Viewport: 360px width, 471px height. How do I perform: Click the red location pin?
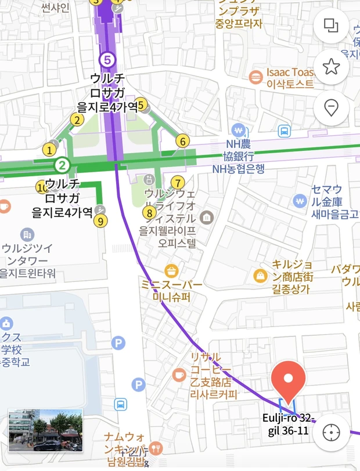click(x=288, y=379)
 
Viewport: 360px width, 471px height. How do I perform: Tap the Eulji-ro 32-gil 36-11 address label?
click(x=288, y=424)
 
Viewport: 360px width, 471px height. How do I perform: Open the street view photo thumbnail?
click(x=45, y=430)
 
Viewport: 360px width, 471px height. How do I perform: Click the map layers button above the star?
click(x=331, y=26)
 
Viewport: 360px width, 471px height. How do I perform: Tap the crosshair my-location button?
click(x=331, y=432)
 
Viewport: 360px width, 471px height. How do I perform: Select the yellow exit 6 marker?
click(x=182, y=141)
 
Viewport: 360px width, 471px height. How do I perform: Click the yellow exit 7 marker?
click(x=178, y=183)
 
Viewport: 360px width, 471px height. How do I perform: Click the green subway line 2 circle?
click(x=62, y=166)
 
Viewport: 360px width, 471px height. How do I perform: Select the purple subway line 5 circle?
click(x=106, y=59)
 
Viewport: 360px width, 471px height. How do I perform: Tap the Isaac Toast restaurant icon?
click(x=255, y=77)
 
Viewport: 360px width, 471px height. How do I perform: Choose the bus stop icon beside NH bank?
click(x=284, y=131)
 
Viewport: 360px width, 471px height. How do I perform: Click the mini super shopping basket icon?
click(x=171, y=270)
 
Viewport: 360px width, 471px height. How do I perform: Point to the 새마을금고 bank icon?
click(x=300, y=201)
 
